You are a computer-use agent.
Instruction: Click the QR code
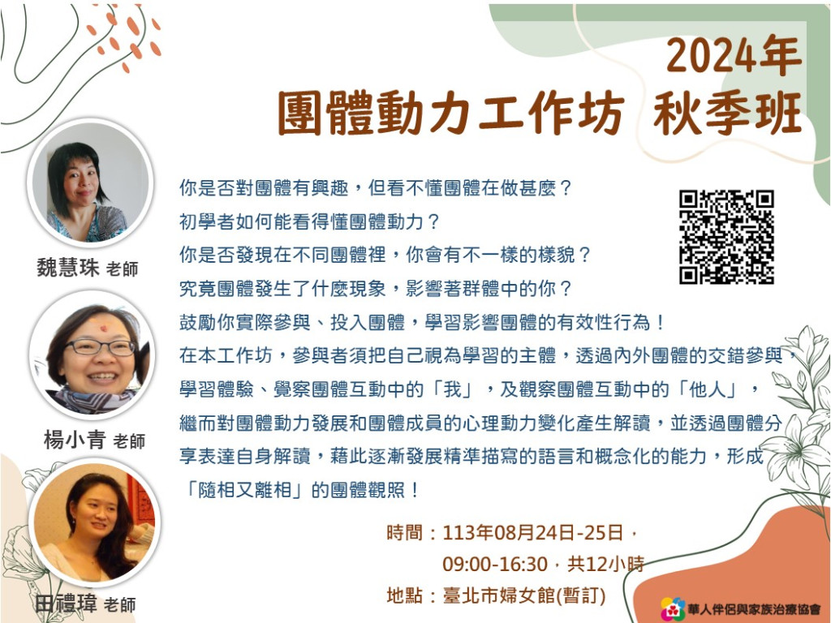click(726, 237)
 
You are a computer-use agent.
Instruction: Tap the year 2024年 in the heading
click(733, 56)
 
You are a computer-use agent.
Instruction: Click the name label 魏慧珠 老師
click(88, 268)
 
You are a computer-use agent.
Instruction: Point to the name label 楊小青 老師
click(94, 440)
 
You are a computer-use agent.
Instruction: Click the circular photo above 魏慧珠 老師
click(91, 183)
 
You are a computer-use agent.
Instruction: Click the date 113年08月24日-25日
click(532, 532)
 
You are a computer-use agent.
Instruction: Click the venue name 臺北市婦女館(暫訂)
click(524, 595)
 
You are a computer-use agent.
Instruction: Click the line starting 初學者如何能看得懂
click(309, 221)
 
